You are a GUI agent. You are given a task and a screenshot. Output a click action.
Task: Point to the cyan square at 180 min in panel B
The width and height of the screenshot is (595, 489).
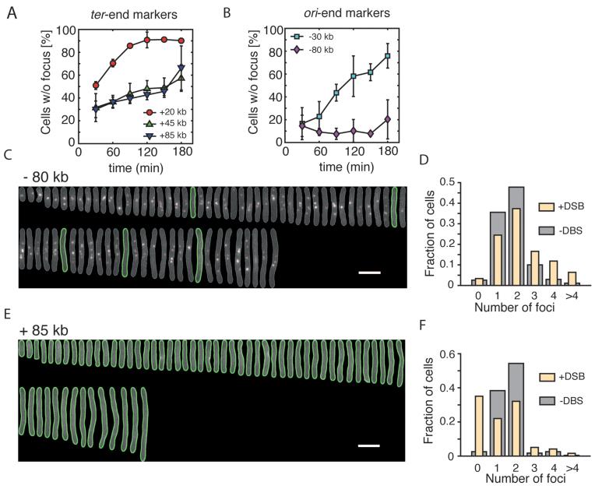point(387,56)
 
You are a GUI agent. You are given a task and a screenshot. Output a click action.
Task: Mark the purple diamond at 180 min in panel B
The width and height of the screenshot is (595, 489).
point(387,119)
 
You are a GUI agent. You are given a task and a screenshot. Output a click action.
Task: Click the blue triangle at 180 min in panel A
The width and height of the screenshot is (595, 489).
point(181,68)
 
